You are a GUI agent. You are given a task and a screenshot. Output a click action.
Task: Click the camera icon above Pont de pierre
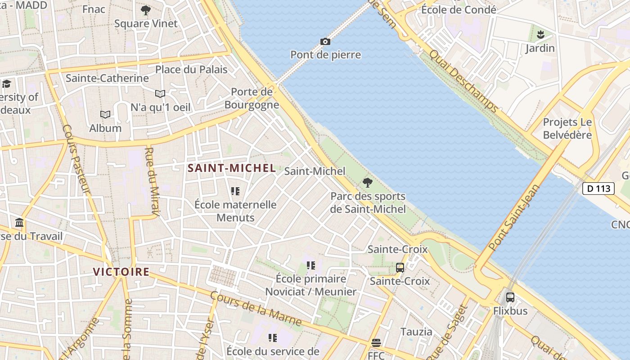pyautogui.click(x=325, y=41)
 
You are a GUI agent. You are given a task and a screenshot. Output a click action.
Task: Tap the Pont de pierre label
pyautogui.click(x=325, y=55)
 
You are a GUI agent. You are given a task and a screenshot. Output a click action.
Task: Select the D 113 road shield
pyautogui.click(x=598, y=188)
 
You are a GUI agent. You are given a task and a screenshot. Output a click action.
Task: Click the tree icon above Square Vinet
pyautogui.click(x=146, y=10)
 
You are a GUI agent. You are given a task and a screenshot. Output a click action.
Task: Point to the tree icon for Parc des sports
pyautogui.click(x=368, y=183)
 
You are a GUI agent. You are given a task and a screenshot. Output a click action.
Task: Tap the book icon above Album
pyautogui.click(x=105, y=115)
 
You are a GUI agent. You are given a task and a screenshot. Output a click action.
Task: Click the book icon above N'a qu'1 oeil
pyautogui.click(x=160, y=94)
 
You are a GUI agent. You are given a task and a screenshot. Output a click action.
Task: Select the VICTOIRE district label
pyautogui.click(x=121, y=272)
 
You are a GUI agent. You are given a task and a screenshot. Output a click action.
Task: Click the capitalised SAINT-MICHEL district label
pyautogui.click(x=231, y=168)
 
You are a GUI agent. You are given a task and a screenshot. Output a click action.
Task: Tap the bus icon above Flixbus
pyautogui.click(x=510, y=297)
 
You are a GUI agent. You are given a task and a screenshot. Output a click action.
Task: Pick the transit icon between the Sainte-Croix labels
pyautogui.click(x=400, y=267)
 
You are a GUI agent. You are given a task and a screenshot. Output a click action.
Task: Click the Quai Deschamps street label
pyautogui.click(x=463, y=81)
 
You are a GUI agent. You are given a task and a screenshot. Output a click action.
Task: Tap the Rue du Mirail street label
pyautogui.click(x=151, y=182)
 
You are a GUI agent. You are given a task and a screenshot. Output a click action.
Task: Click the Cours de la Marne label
pyautogui.click(x=256, y=309)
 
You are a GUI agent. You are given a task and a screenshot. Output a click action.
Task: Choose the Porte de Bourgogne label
pyautogui.click(x=252, y=98)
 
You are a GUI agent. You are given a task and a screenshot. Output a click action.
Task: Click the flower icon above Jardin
pyautogui.click(x=540, y=34)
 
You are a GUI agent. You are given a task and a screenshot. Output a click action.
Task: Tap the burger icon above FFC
pyautogui.click(x=376, y=343)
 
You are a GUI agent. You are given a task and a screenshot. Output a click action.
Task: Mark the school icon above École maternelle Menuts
pyautogui.click(x=235, y=191)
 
